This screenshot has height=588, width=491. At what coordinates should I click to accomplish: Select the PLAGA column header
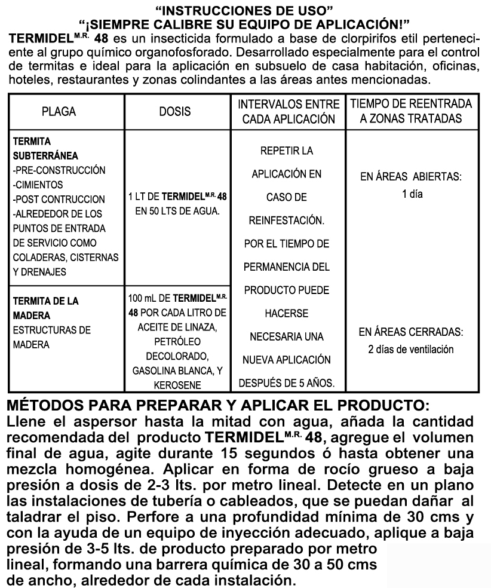pos(59,112)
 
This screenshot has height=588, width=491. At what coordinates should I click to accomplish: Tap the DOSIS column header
pos(176,112)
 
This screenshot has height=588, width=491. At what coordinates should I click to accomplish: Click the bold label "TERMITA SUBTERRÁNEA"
pos(42,148)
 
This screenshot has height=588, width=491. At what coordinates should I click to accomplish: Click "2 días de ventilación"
pos(412,350)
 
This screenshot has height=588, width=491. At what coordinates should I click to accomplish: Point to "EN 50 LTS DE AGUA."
pos(177,212)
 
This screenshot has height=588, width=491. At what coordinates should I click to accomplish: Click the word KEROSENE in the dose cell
pos(176,385)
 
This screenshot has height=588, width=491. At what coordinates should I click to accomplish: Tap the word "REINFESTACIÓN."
pos(287,221)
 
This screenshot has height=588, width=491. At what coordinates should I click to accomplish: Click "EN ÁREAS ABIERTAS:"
pos(412,178)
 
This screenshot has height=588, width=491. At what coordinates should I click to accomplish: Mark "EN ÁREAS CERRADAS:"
pos(412,331)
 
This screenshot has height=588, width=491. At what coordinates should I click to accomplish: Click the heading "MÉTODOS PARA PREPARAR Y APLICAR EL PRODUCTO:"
pos(217,403)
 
